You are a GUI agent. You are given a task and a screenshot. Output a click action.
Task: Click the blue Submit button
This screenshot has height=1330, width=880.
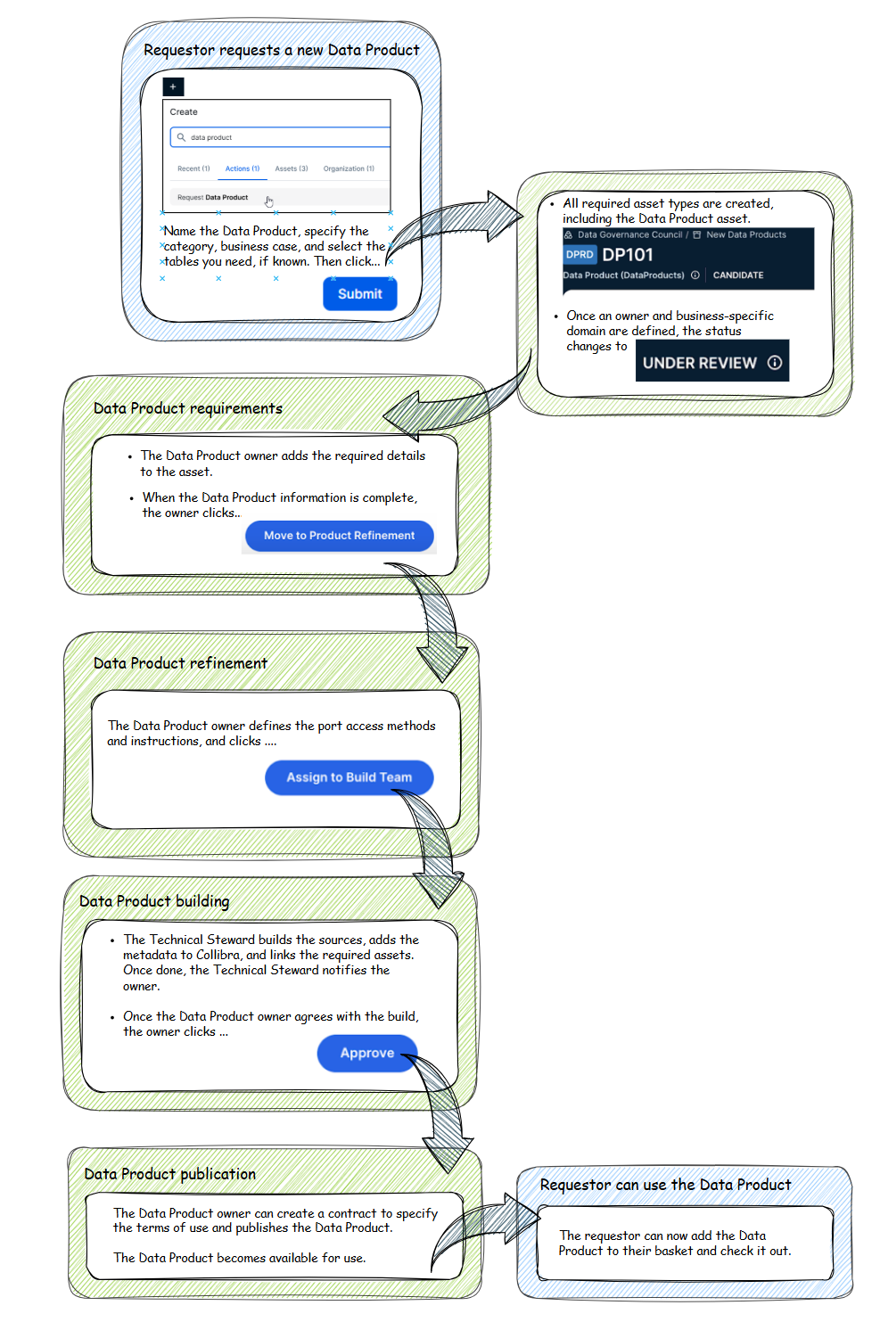(x=359, y=293)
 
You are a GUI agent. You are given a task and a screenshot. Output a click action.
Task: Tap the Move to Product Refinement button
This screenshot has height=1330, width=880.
(x=339, y=536)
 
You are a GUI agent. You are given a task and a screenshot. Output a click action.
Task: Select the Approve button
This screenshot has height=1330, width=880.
(x=366, y=1053)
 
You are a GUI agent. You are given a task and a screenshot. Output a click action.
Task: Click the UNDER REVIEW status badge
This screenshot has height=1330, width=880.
(x=711, y=362)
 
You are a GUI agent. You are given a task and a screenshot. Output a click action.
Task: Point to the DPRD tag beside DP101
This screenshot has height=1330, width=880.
(x=580, y=255)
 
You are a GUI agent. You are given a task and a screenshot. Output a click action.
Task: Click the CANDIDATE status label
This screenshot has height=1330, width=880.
(x=737, y=275)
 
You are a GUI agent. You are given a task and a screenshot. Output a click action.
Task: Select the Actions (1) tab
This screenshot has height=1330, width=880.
(x=242, y=168)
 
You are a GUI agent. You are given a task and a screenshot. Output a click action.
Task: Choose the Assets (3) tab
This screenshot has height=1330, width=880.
(x=291, y=168)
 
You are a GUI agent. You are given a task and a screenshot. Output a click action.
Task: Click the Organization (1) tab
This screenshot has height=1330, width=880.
(x=349, y=168)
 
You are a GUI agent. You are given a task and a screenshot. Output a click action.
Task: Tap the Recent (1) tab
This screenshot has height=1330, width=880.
(x=193, y=168)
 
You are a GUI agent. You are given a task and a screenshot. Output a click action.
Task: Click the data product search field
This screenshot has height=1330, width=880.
(x=280, y=137)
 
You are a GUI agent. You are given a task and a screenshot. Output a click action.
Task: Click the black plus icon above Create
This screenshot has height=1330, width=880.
(x=173, y=86)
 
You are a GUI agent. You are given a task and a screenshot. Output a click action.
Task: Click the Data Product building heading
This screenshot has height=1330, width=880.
(x=154, y=901)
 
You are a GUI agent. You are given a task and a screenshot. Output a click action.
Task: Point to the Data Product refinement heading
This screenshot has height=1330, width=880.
(x=180, y=663)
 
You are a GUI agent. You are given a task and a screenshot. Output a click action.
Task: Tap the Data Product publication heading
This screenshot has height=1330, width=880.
(x=169, y=1174)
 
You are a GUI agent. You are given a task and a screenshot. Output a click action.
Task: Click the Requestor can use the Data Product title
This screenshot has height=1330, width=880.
(x=665, y=1185)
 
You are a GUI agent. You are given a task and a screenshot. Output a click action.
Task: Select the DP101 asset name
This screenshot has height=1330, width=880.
(x=628, y=255)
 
